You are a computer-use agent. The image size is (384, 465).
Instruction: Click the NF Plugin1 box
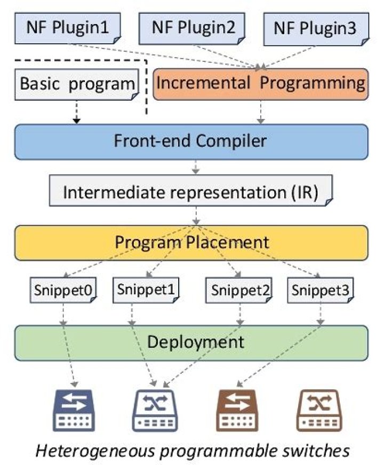pyautogui.click(x=68, y=28)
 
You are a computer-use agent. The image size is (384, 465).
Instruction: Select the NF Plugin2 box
pyautogui.click(x=192, y=29)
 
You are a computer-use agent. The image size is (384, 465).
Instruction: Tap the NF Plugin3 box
pyautogui.click(x=316, y=29)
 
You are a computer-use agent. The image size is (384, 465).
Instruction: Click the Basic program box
pyautogui.click(x=77, y=84)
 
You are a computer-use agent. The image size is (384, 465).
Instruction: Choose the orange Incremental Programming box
pyautogui.click(x=261, y=84)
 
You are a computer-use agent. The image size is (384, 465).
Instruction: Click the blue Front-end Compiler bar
pyautogui.click(x=191, y=142)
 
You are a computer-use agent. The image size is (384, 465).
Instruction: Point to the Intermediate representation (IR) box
pyautogui.click(x=191, y=190)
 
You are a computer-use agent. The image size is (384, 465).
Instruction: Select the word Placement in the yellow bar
pyautogui.click(x=227, y=242)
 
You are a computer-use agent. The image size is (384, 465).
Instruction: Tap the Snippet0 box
pyautogui.click(x=63, y=290)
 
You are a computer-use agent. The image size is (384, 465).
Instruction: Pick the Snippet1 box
pyautogui.click(x=146, y=290)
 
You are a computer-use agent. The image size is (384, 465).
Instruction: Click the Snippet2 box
pyautogui.click(x=239, y=290)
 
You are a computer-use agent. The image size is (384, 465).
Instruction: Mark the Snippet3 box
pyautogui.click(x=321, y=290)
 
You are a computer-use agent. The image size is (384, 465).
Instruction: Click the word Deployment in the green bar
pyautogui.click(x=196, y=342)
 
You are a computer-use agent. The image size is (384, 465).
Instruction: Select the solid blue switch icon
pyautogui.click(x=74, y=411)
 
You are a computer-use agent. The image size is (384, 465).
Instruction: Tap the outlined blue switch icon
pyautogui.click(x=155, y=411)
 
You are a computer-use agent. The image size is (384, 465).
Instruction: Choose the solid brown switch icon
pyautogui.click(x=237, y=411)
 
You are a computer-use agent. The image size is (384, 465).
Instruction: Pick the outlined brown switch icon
pyautogui.click(x=319, y=411)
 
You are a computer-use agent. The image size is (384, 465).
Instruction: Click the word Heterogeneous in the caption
pyautogui.click(x=95, y=451)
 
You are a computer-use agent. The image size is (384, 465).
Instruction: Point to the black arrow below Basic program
pyautogui.click(x=76, y=112)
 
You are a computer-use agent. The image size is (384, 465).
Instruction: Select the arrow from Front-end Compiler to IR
pyautogui.click(x=195, y=167)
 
